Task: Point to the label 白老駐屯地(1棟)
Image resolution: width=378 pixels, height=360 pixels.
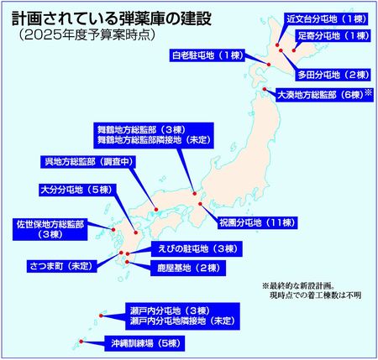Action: tap(204, 55)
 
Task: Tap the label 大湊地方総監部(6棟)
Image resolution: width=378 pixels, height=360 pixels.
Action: tap(318, 96)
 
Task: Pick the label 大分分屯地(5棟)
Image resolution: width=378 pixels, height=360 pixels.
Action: tap(71, 189)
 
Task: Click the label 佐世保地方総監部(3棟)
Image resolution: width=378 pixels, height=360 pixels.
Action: tap(50, 230)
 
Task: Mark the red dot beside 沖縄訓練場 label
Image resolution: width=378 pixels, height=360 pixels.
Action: tap(82, 341)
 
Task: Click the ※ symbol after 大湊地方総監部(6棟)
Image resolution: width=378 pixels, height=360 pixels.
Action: tap(368, 94)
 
